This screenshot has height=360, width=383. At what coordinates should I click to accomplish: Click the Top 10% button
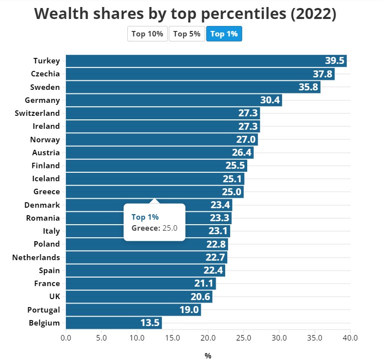147,34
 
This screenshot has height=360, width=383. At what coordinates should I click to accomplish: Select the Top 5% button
187,34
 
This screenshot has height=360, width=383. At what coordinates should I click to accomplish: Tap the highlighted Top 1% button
224,34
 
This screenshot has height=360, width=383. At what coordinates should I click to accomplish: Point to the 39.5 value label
335,61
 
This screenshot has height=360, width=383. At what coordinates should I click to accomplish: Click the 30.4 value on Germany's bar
270,100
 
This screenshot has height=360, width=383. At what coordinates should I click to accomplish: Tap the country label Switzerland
37,113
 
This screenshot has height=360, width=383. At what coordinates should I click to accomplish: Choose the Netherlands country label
36,258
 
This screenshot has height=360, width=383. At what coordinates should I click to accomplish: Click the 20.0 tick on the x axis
208,338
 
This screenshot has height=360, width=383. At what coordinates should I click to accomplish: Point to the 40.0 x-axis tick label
350,338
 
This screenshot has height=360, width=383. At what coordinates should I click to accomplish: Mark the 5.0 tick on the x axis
101,338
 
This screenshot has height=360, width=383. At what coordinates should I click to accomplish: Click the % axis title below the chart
208,356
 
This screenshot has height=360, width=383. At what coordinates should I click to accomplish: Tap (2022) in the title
313,14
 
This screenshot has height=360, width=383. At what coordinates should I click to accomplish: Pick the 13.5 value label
150,323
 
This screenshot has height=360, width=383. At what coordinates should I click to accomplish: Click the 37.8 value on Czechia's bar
323,74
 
